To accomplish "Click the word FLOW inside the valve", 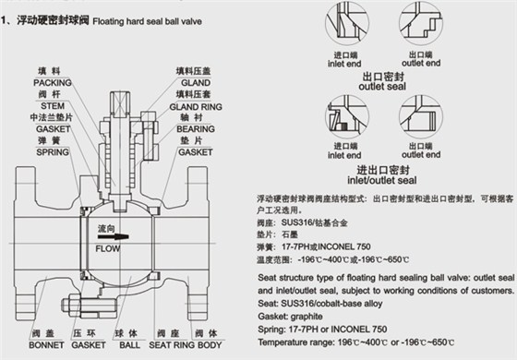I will [110, 246].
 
